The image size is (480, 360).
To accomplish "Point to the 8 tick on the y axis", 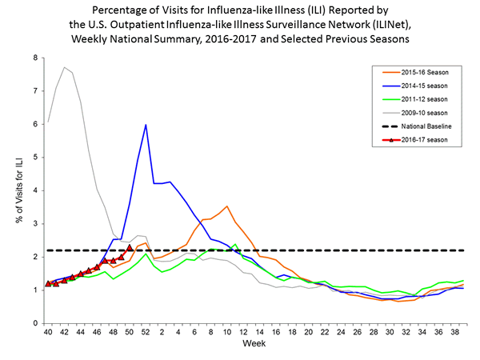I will (x=36, y=58).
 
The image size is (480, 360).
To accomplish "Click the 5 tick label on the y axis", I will (x=36, y=158).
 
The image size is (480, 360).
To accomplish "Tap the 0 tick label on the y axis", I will (x=36, y=323).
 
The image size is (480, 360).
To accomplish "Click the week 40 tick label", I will (x=48, y=332).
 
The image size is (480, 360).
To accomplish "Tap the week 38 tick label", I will (x=455, y=332).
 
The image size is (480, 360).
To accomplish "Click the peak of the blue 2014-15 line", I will (x=146, y=125).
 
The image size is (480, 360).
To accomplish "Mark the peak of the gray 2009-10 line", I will (x=64, y=67).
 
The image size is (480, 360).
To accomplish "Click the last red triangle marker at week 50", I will (x=130, y=248).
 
